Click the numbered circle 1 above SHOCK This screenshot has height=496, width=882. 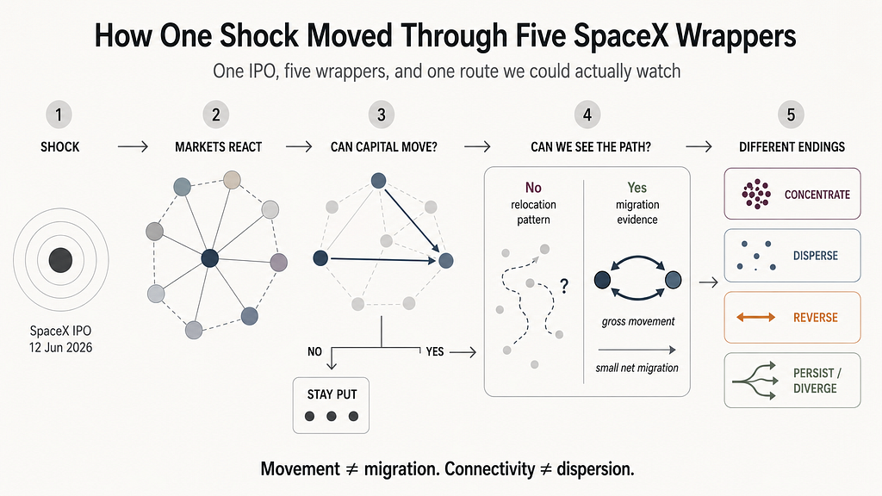(59, 115)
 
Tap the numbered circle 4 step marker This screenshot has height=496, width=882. (587, 115)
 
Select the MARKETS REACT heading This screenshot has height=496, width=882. (218, 147)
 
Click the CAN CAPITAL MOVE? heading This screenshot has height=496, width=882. (383, 147)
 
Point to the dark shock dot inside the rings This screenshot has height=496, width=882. (61, 260)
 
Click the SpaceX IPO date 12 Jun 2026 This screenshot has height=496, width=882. (61, 348)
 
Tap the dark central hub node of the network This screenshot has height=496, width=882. (210, 258)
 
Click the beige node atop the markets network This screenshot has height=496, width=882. (232, 180)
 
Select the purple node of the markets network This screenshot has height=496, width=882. (279, 262)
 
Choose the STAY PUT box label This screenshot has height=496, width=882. (332, 394)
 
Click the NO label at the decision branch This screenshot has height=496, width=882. (314, 352)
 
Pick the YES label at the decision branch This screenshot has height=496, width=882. (435, 352)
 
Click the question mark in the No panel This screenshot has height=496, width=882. (564, 286)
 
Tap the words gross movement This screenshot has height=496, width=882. (638, 322)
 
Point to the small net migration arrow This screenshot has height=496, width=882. (637, 350)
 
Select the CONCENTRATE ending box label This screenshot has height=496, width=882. (817, 195)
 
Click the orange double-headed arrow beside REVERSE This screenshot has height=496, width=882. (756, 317)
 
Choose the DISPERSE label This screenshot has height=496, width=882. (816, 256)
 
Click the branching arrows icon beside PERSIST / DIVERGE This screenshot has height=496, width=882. (755, 381)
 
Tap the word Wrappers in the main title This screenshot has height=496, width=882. (736, 36)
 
